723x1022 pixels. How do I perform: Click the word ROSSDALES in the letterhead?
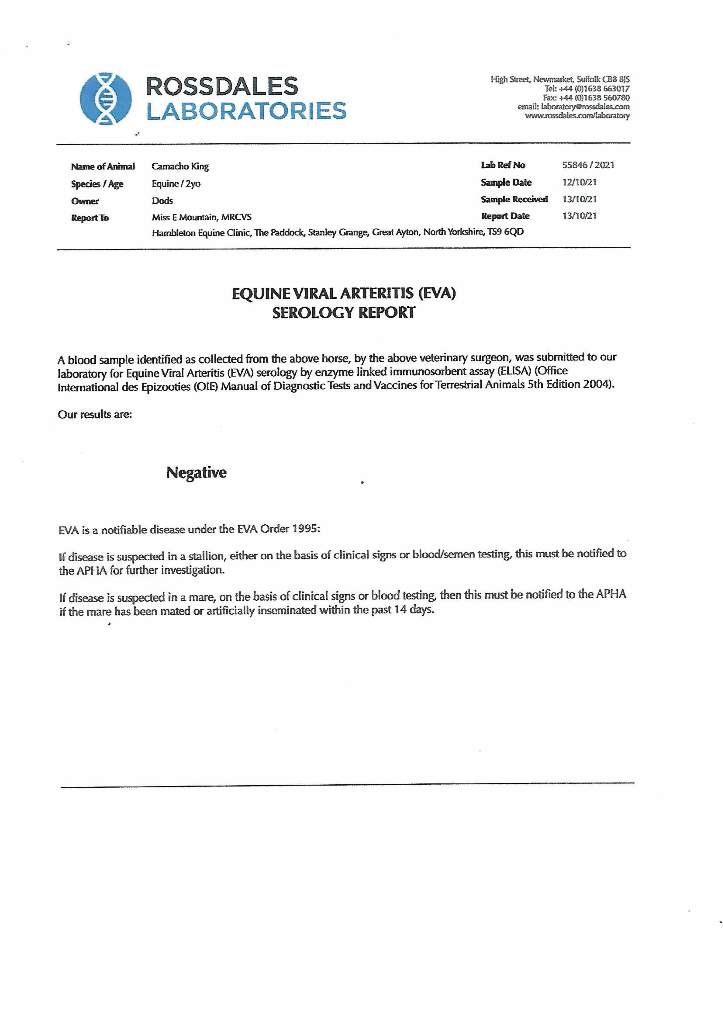point(222,86)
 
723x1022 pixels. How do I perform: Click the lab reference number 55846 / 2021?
point(588,165)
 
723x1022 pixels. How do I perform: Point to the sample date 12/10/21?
point(579,182)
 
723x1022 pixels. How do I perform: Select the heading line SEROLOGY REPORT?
point(343,313)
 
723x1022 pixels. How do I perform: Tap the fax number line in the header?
point(586,97)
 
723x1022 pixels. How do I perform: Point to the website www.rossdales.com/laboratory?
point(577,116)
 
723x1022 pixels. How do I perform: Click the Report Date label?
point(505,216)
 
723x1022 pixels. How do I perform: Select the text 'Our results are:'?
point(95,415)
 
